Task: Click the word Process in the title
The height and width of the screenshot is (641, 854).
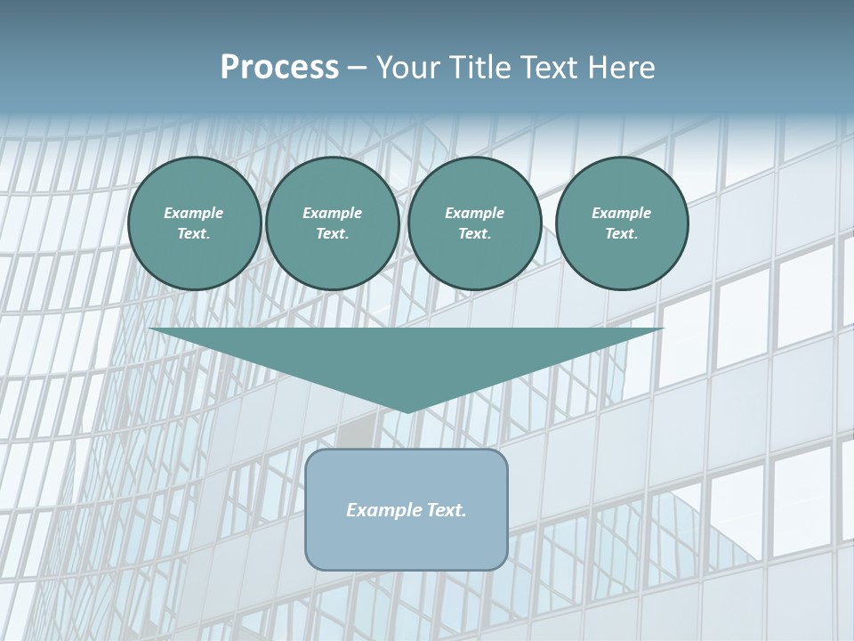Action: click(x=279, y=68)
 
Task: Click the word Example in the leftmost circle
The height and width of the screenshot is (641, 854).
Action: click(x=194, y=213)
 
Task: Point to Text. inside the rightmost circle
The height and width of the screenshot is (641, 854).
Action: click(x=621, y=234)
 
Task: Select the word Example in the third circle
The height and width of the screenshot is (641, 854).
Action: click(x=474, y=213)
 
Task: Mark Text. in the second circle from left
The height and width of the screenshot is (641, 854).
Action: click(x=332, y=234)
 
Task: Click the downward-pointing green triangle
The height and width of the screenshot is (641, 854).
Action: click(x=407, y=356)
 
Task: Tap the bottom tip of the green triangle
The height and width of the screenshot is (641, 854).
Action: click(x=407, y=410)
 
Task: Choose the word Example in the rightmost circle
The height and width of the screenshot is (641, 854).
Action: click(x=621, y=213)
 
